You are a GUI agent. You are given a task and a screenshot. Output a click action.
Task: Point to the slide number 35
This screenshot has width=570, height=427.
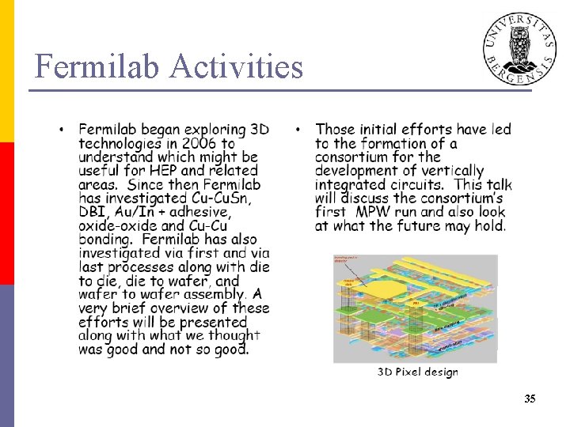(x=530, y=399)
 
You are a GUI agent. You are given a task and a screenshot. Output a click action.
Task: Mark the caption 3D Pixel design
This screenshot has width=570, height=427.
(x=417, y=372)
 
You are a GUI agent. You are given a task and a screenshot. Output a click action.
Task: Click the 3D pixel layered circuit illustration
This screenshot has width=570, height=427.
(x=415, y=308)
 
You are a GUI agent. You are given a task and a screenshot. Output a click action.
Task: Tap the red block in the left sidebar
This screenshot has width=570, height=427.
(x=7, y=213)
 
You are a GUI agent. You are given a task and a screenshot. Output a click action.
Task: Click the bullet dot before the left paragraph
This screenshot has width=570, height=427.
(x=62, y=129)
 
